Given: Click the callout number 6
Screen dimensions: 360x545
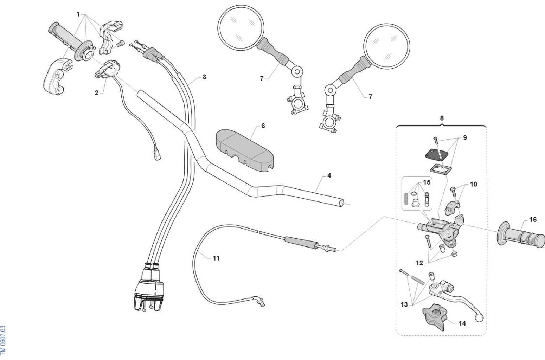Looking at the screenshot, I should [263, 126].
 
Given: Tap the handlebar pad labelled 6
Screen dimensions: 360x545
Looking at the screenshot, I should [244, 149].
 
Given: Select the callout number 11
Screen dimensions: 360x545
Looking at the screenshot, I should [216, 258].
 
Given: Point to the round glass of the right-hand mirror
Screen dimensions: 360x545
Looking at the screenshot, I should [386, 46].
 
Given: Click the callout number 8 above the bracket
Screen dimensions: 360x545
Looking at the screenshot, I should [442, 118].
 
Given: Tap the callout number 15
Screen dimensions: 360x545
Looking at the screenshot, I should [427, 182].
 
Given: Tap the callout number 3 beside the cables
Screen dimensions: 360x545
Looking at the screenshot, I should [204, 77].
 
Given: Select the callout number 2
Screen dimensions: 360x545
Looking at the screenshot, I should [96, 93].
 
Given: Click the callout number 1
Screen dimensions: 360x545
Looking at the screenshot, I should [78, 14].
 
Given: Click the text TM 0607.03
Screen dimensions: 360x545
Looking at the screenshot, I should [3, 340].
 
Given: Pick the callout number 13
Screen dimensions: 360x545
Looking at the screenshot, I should [404, 304].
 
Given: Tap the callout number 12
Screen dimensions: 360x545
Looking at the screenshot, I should [419, 263].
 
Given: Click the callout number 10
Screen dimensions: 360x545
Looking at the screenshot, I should [473, 184].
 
